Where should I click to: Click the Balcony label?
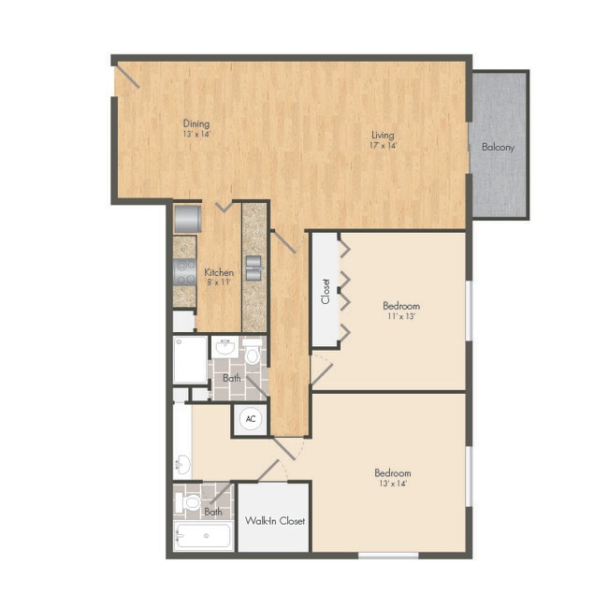[498, 147]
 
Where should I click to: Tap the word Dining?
[196, 123]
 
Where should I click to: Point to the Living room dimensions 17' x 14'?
[383, 145]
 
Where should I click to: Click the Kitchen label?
[219, 272]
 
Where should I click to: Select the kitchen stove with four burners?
[185, 271]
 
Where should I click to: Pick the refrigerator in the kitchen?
[188, 218]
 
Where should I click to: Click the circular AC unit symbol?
[250, 419]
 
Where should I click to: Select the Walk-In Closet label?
[274, 520]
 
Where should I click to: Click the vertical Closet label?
[326, 291]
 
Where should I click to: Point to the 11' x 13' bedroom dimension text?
[401, 317]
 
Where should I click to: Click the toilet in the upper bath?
[251, 355]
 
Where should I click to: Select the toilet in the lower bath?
[191, 501]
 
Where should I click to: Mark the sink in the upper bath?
[224, 349]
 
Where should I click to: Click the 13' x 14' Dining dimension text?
[196, 134]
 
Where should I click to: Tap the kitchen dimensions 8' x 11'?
[219, 282]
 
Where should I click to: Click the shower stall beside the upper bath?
[190, 360]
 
